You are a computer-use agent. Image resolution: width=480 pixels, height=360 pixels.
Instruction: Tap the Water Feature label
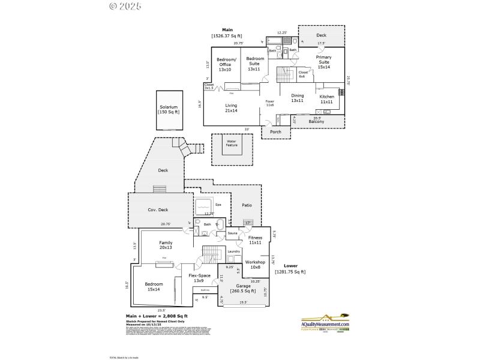point(232,143)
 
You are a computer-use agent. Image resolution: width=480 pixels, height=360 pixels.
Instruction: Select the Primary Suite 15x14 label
point(323,64)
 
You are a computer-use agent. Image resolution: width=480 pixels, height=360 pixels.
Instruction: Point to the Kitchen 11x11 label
point(326,100)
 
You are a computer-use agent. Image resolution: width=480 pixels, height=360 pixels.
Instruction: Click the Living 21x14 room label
point(231,108)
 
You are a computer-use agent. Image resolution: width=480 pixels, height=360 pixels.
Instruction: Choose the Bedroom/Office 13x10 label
point(226,64)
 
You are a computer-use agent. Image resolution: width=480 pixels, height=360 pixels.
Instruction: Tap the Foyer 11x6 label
point(269,103)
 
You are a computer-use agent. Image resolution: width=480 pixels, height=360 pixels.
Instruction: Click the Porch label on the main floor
point(275,132)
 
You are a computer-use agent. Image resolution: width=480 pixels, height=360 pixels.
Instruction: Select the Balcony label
point(316,122)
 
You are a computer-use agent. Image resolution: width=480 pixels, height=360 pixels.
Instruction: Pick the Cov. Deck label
point(157,210)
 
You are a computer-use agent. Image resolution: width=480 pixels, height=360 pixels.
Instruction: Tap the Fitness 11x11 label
point(254,240)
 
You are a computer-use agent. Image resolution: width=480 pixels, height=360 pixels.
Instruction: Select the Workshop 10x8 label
point(256,265)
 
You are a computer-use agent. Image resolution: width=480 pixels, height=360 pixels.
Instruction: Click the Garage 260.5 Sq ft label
point(243,289)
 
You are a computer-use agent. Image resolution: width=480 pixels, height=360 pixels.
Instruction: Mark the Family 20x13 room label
point(166,245)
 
